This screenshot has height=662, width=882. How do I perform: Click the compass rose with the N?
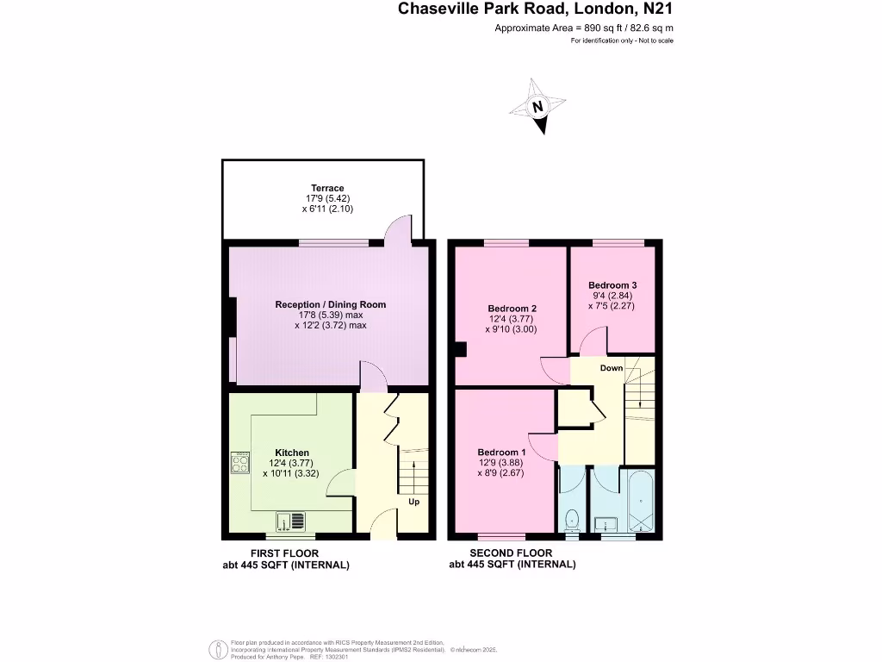(537, 107)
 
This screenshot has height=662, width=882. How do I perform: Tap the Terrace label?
(327, 188)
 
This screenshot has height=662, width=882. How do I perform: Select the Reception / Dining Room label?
(330, 304)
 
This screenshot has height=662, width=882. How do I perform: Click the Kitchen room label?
(292, 453)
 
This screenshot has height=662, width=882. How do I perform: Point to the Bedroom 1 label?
(501, 453)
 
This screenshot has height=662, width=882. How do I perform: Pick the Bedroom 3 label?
(612, 285)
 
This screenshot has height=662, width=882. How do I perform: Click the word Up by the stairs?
(413, 502)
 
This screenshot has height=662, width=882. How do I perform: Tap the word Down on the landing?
(611, 368)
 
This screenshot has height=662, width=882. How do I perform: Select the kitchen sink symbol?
(290, 521)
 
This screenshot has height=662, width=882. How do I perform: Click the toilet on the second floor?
(572, 518)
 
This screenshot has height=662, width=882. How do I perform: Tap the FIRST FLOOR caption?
(284, 553)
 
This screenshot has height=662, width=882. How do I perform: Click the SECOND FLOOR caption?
(512, 553)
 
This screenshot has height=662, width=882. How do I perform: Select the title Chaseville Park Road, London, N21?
(535, 9)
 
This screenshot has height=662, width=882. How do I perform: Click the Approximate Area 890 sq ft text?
(583, 28)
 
